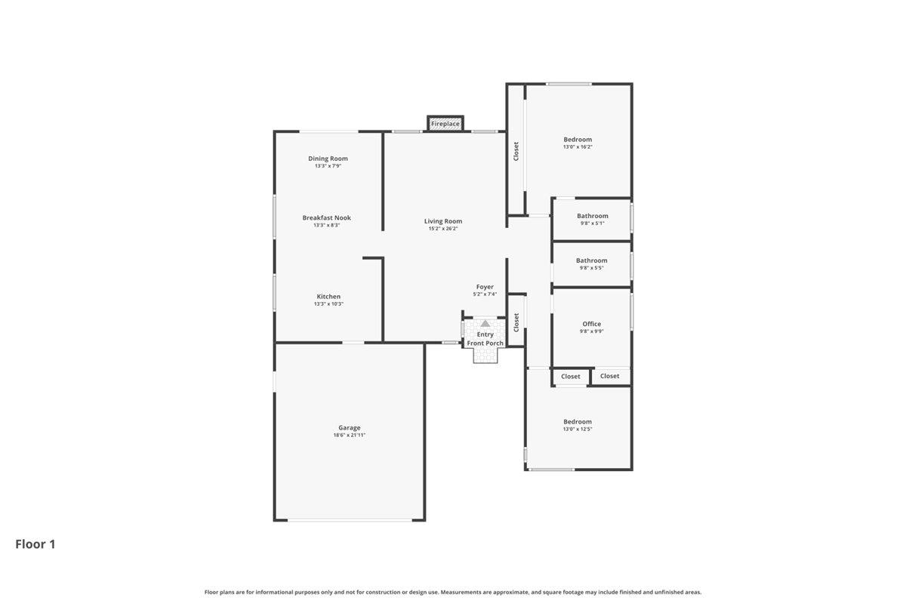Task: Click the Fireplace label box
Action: coord(445,123)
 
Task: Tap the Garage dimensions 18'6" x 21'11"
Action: coord(350,435)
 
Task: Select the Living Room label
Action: coord(443,221)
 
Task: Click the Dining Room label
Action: coord(328,159)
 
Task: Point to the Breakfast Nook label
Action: coord(327,217)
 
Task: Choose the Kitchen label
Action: coord(328,297)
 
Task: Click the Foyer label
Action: coord(485,287)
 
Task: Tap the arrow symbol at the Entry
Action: coord(485,323)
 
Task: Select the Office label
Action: coord(592,324)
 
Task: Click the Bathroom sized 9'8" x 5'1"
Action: coord(593,216)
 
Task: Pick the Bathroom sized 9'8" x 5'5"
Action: coord(592,260)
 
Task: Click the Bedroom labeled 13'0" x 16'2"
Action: coord(578,140)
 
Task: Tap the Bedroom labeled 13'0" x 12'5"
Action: coord(578,422)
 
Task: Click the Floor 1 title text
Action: coord(35,544)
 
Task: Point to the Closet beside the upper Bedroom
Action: coord(516,152)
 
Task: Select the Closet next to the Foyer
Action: coord(516,322)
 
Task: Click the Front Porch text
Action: coord(485,344)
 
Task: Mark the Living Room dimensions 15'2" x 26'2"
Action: coord(443,229)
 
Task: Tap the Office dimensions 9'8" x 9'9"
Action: coord(592,331)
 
